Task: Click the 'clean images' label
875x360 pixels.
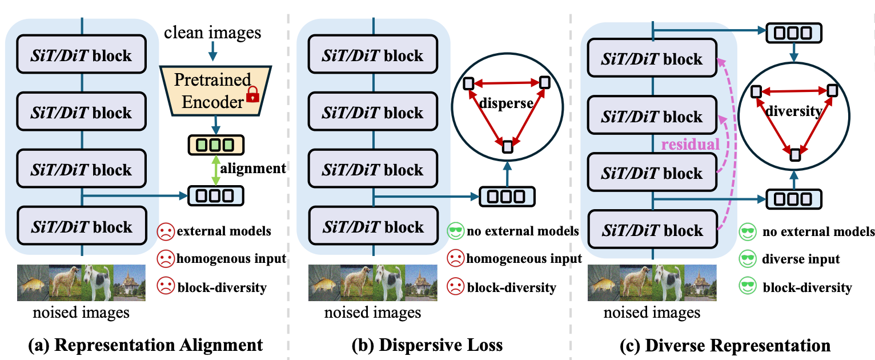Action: [x=212, y=33]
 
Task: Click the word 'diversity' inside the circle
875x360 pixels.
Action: [x=793, y=111]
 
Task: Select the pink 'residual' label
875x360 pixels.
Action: [x=691, y=145]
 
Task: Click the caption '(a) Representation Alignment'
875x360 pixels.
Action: [x=146, y=345]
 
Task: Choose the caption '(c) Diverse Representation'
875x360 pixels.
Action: [x=724, y=345]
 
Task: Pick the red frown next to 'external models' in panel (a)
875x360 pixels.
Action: [x=165, y=231]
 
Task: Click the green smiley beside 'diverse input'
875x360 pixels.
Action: [x=748, y=259]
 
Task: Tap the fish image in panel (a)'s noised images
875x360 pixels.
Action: [x=33, y=282]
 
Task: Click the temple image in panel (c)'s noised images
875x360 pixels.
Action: [x=700, y=282]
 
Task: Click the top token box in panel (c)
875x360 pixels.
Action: [x=793, y=33]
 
